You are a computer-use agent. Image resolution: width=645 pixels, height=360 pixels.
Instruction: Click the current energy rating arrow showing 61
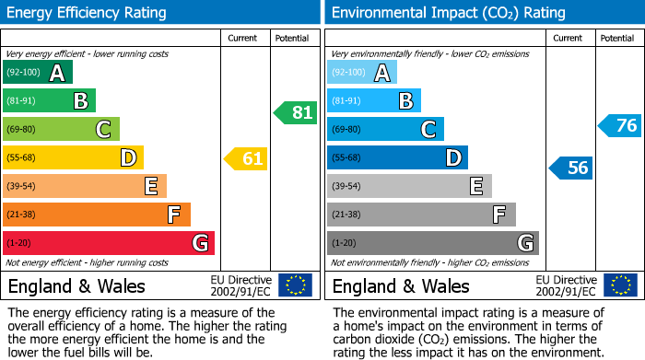(246, 158)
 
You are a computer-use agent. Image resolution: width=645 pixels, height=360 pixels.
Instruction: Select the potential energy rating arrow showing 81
(296, 113)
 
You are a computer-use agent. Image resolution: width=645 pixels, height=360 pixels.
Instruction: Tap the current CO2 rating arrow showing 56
(571, 168)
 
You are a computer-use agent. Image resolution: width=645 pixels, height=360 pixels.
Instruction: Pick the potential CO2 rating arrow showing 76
(620, 125)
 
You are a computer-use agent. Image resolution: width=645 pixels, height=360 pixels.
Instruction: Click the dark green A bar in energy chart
(38, 73)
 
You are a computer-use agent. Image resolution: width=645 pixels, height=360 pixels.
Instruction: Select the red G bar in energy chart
(109, 243)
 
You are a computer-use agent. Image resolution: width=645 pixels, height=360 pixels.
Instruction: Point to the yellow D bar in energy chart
(73, 158)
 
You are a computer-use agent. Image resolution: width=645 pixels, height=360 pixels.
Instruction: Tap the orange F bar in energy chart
(97, 215)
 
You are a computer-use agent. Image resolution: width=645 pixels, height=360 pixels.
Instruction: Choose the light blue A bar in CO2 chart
(362, 73)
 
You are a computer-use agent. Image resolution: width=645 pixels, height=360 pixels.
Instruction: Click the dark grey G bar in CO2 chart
(432, 243)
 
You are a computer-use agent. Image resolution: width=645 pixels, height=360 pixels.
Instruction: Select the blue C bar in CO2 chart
(385, 130)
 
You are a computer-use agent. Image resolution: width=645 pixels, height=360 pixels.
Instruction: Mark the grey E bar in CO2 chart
(409, 186)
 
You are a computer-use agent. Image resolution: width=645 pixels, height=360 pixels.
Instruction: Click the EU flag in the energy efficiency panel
(295, 285)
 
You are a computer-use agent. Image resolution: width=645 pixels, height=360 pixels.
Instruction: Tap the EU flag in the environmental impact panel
(619, 285)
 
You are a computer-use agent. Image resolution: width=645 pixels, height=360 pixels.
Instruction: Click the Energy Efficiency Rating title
(88, 13)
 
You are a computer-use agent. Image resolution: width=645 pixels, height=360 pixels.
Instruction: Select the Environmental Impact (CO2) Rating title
(448, 13)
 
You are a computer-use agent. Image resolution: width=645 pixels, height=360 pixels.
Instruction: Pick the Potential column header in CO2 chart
(617, 38)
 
